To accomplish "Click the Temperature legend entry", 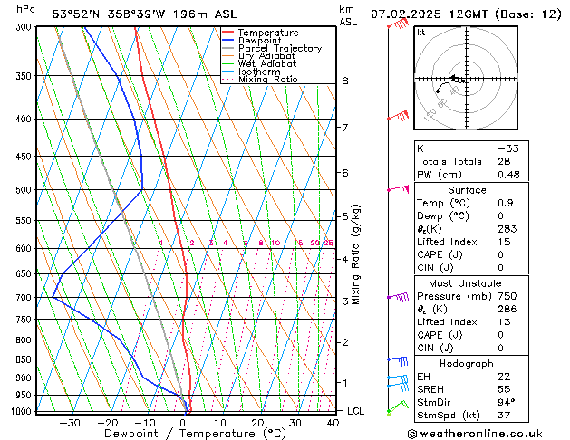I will coord(269,33).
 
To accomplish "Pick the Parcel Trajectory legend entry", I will coord(279,49).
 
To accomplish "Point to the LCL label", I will coord(357,411).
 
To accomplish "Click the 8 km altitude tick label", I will coord(345,81).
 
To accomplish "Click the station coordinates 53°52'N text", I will coord(75,14).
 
